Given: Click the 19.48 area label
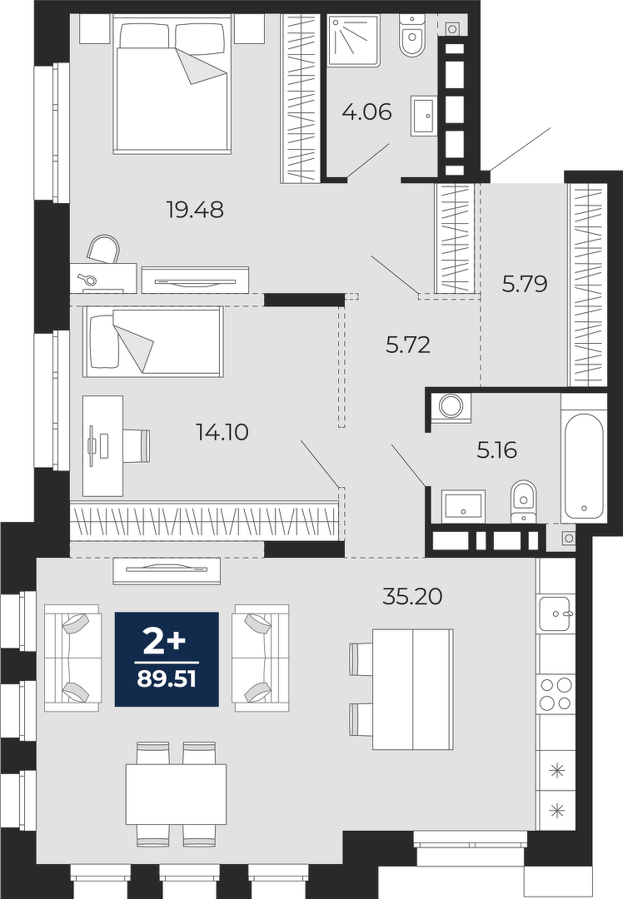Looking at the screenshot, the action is click(x=194, y=210).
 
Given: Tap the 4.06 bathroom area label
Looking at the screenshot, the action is click(x=366, y=112).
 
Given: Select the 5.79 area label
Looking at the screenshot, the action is click(x=525, y=284).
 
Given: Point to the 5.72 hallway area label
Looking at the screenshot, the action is click(x=408, y=345).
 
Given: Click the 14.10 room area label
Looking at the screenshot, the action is click(x=222, y=432).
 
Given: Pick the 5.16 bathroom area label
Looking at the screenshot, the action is click(x=496, y=450).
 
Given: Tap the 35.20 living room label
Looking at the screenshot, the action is click(x=412, y=597).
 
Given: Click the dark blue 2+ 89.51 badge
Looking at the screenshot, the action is click(x=167, y=659).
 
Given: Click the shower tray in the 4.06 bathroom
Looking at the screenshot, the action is click(x=353, y=42).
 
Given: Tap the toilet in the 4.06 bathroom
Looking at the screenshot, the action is click(x=412, y=36).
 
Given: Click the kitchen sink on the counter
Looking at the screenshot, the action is click(x=556, y=614).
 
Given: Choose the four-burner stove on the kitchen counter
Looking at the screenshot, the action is click(x=556, y=693).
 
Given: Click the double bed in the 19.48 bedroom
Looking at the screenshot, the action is click(x=174, y=85).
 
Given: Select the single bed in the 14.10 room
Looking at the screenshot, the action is click(x=152, y=342).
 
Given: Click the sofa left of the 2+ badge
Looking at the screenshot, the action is click(x=72, y=658).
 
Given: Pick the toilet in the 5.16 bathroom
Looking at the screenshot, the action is click(x=522, y=500).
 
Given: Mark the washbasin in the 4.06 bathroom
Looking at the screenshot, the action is click(x=424, y=117).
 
